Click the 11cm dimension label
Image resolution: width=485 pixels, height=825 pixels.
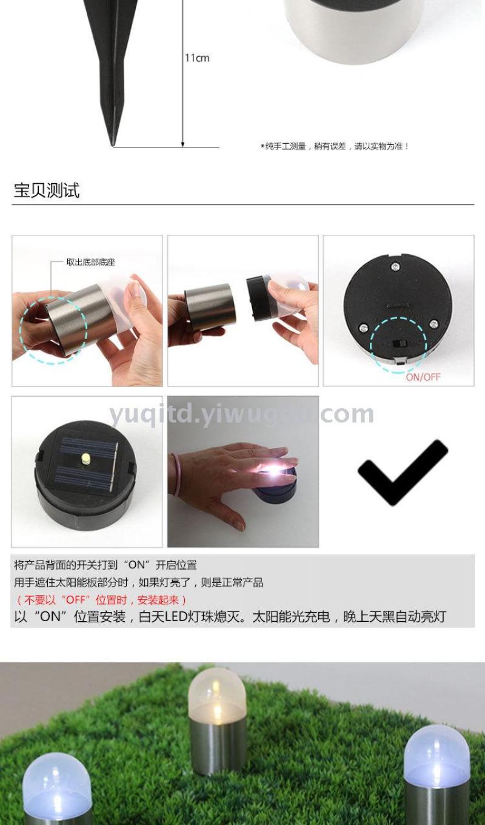tap(197, 58)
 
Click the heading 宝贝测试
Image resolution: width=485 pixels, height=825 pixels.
tap(47, 190)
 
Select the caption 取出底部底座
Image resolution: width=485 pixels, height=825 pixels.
tap(90, 262)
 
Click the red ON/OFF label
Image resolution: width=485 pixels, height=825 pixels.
tap(423, 377)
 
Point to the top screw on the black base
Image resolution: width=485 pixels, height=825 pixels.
tap(395, 266)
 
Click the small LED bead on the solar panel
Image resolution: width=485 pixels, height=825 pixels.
tap(85, 458)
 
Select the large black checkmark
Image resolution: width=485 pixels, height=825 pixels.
tap(403, 473)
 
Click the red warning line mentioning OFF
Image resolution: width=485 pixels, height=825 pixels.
tap(101, 600)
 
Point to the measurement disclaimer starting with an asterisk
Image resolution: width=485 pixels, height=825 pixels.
tap(335, 147)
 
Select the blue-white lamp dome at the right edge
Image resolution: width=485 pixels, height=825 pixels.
tap(436, 753)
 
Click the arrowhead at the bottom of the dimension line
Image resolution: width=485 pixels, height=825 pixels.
tap(183, 144)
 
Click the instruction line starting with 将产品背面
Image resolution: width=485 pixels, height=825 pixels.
tap(105, 565)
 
